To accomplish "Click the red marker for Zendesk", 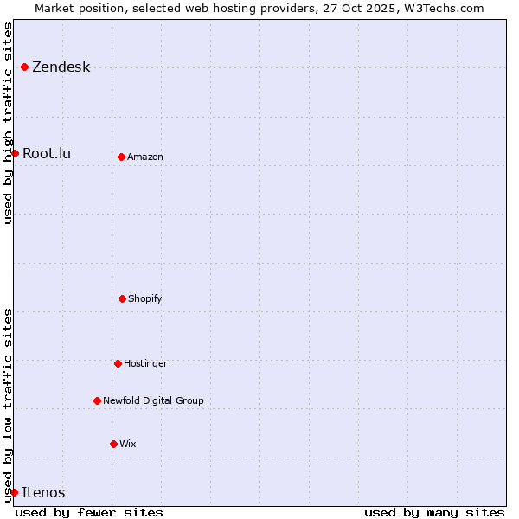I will point(24,67).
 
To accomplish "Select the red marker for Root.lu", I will point(15,153).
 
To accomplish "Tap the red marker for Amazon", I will point(121,157).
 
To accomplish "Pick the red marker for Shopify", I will point(122,298).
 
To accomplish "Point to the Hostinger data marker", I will point(118,363).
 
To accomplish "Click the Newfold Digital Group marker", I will point(97,400).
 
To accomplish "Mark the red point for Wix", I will point(113,444).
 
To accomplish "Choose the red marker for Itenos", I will point(14,492).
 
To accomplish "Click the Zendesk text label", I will point(61,67).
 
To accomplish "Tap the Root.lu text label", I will point(47,154).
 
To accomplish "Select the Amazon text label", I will point(145,157).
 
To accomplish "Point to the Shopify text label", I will point(145,299).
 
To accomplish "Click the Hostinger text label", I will point(145,364).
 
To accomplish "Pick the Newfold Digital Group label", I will point(153,401).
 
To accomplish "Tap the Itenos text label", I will point(43,493).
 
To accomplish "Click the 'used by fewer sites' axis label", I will point(89,512).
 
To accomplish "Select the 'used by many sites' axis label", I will point(434,512).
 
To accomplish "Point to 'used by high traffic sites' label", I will point(9,123).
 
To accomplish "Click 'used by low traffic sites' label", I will point(9,404).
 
